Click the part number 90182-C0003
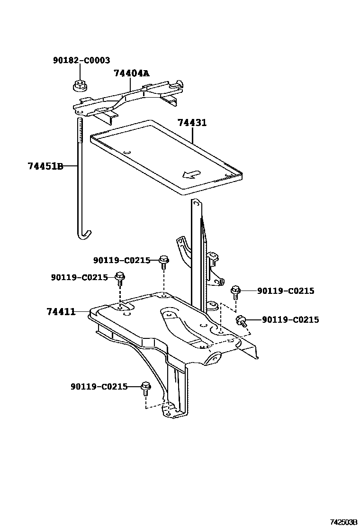point(81,61)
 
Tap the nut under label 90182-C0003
point(79,86)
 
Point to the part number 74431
point(192,123)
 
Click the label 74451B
point(45,166)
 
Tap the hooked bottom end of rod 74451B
point(84,234)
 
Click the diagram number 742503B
point(343,522)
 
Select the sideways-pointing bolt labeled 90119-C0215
point(242,321)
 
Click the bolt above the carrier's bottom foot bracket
point(146,389)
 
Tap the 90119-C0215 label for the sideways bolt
point(288,320)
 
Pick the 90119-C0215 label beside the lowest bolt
point(99,387)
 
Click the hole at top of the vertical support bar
point(194,204)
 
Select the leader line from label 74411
point(82,311)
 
